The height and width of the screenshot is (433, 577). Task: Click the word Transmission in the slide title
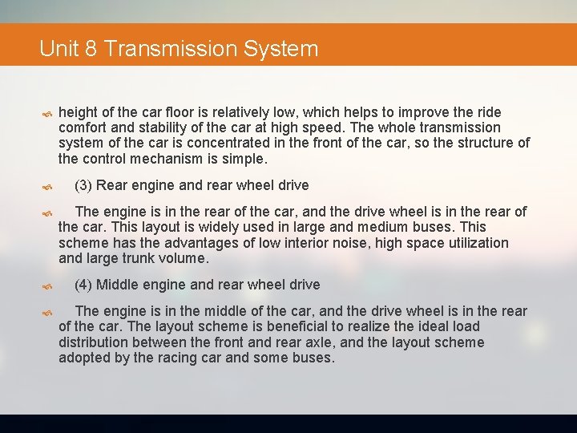click(x=170, y=49)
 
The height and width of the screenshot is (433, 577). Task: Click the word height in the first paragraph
click(x=79, y=112)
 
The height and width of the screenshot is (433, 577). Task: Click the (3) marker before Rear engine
click(x=83, y=185)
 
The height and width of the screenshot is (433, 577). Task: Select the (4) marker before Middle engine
click(x=83, y=285)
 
